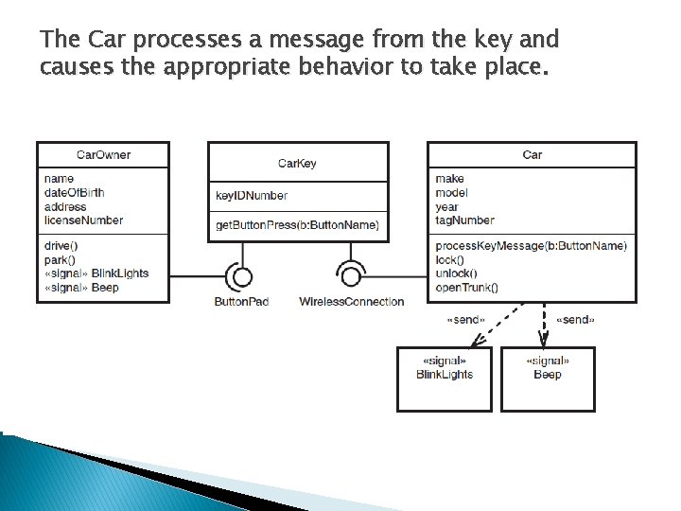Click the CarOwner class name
click(x=103, y=155)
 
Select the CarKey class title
click(x=297, y=164)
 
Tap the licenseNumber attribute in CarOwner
click(x=83, y=220)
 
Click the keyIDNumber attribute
click(x=252, y=196)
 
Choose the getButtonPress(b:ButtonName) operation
click(x=297, y=225)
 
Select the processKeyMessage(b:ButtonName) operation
click(x=531, y=246)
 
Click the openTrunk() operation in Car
click(x=466, y=288)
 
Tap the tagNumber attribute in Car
click(x=464, y=220)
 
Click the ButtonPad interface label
click(x=243, y=302)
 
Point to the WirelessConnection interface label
click(x=351, y=302)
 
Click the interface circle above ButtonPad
click(x=243, y=277)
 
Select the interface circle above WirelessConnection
click(x=351, y=277)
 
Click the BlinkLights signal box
click(x=445, y=379)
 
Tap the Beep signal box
click(x=548, y=379)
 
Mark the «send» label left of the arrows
click(x=465, y=320)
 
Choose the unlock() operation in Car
click(x=456, y=273)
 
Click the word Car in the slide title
click(x=106, y=40)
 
